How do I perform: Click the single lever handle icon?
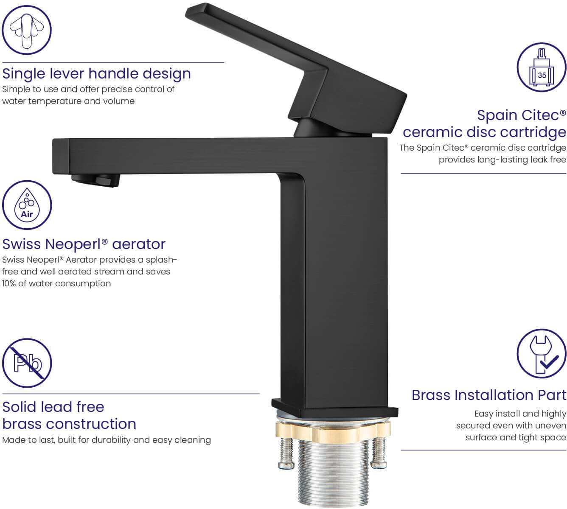pyautogui.click(x=27, y=30)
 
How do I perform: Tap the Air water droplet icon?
pyautogui.click(x=27, y=205)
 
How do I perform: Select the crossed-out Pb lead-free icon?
pyautogui.click(x=27, y=363)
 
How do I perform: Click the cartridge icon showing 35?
pyautogui.click(x=542, y=67)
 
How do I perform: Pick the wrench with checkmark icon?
pyautogui.click(x=542, y=354)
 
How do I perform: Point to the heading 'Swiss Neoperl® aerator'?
pyautogui.click(x=84, y=244)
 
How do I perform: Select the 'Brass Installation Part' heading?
pyautogui.click(x=489, y=395)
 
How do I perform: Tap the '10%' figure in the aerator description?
pyautogui.click(x=9, y=283)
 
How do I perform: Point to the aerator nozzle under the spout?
pyautogui.click(x=95, y=180)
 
